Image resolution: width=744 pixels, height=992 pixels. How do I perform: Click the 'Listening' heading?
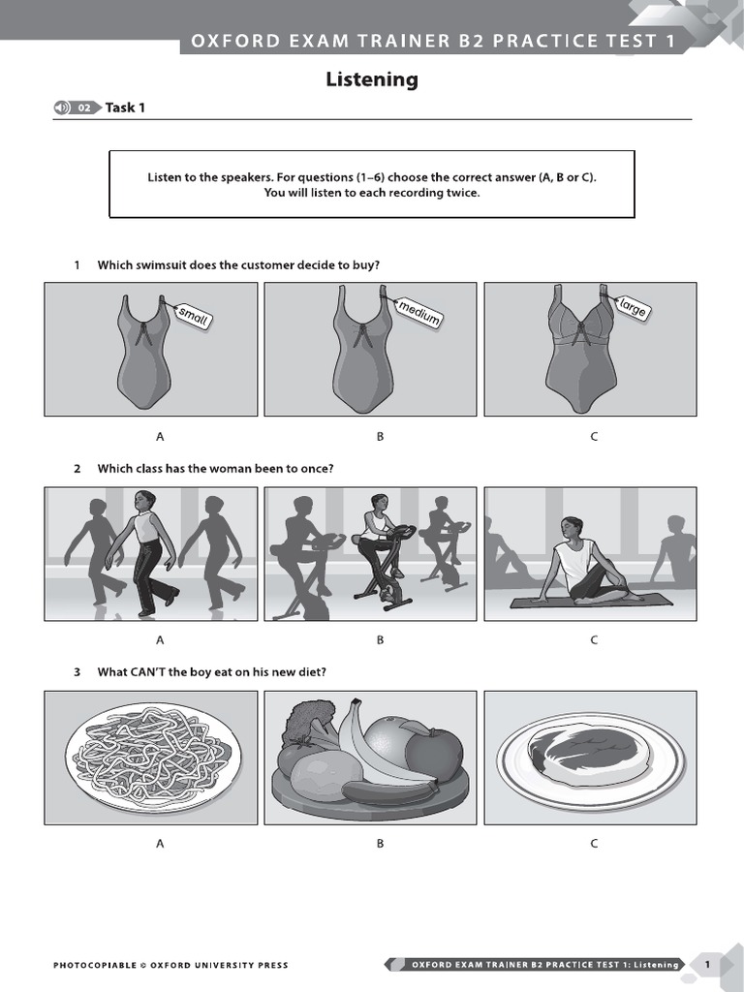tap(372, 80)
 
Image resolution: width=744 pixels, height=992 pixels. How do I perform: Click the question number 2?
tap(77, 469)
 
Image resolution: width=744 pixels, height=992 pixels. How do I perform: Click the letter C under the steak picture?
tap(594, 844)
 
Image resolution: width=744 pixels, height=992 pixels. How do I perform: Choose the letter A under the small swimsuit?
tap(161, 437)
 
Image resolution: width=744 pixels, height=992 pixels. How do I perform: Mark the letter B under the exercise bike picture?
tap(381, 640)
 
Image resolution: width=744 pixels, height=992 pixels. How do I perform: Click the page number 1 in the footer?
tap(707, 964)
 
